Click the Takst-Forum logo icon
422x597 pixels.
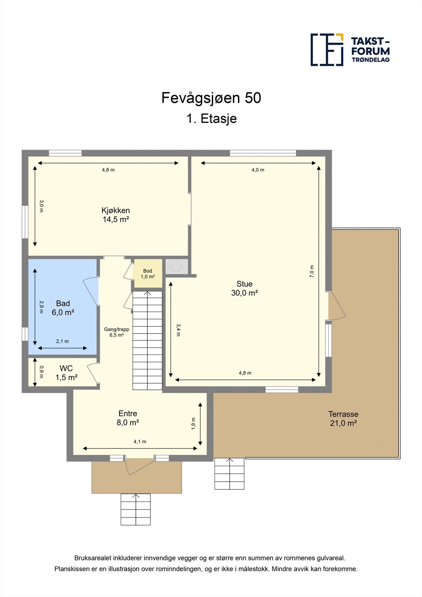click(x=327, y=50)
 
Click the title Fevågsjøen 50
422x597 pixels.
click(x=211, y=98)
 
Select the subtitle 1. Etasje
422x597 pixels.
click(x=211, y=119)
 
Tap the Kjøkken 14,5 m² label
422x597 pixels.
click(x=116, y=215)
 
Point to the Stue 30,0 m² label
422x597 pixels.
click(x=244, y=288)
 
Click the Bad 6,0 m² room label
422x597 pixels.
click(x=63, y=308)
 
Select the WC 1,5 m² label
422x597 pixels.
click(x=66, y=373)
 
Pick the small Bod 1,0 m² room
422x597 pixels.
click(x=148, y=274)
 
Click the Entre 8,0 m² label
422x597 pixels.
click(x=128, y=418)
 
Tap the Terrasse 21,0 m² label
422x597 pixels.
click(x=343, y=418)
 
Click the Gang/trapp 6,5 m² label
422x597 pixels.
click(x=116, y=332)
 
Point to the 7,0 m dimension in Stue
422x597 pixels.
click(x=312, y=271)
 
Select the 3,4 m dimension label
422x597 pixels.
click(x=178, y=329)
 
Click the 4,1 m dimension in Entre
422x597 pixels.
click(x=140, y=442)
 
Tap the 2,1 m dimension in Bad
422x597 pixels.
click(x=62, y=341)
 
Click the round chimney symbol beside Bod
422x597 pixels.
click(x=176, y=266)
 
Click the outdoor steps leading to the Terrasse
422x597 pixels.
click(x=229, y=473)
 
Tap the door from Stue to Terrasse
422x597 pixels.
click(x=337, y=306)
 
